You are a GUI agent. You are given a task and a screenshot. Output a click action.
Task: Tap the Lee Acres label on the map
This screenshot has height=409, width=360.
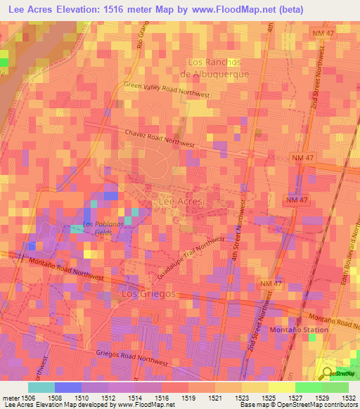pyautogui.click(x=181, y=201)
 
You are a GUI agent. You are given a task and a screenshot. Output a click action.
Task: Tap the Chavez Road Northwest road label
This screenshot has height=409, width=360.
pyautogui.click(x=161, y=135)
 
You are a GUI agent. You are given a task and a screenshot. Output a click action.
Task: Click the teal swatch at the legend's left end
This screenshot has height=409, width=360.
pyautogui.click(x=41, y=387)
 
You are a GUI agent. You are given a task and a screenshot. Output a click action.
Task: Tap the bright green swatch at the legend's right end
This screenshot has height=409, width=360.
pyautogui.click(x=335, y=387)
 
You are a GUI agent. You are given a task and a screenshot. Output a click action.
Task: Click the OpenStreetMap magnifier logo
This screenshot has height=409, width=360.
pyautogui.click(x=327, y=372)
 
